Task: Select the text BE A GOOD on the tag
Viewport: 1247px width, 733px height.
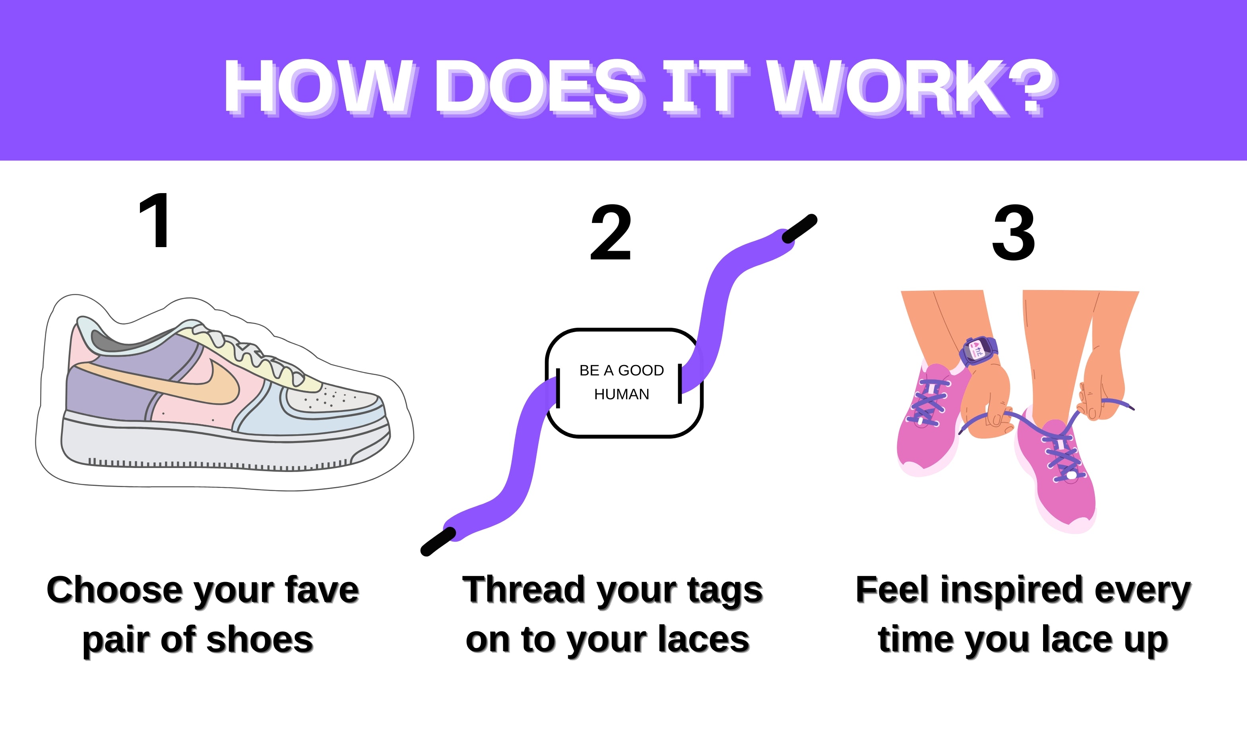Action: pyautogui.click(x=622, y=370)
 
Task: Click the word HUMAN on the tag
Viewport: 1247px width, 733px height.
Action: pyautogui.click(x=622, y=394)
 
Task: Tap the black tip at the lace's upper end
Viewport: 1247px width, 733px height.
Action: pyautogui.click(x=799, y=228)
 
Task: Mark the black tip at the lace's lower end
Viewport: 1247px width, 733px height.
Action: pyautogui.click(x=438, y=541)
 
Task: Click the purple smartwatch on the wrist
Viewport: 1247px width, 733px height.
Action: pyautogui.click(x=978, y=351)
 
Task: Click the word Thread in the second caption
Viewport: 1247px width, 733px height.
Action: pyautogui.click(x=524, y=590)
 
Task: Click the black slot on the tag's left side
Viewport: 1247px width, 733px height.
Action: pyautogui.click(x=558, y=388)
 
